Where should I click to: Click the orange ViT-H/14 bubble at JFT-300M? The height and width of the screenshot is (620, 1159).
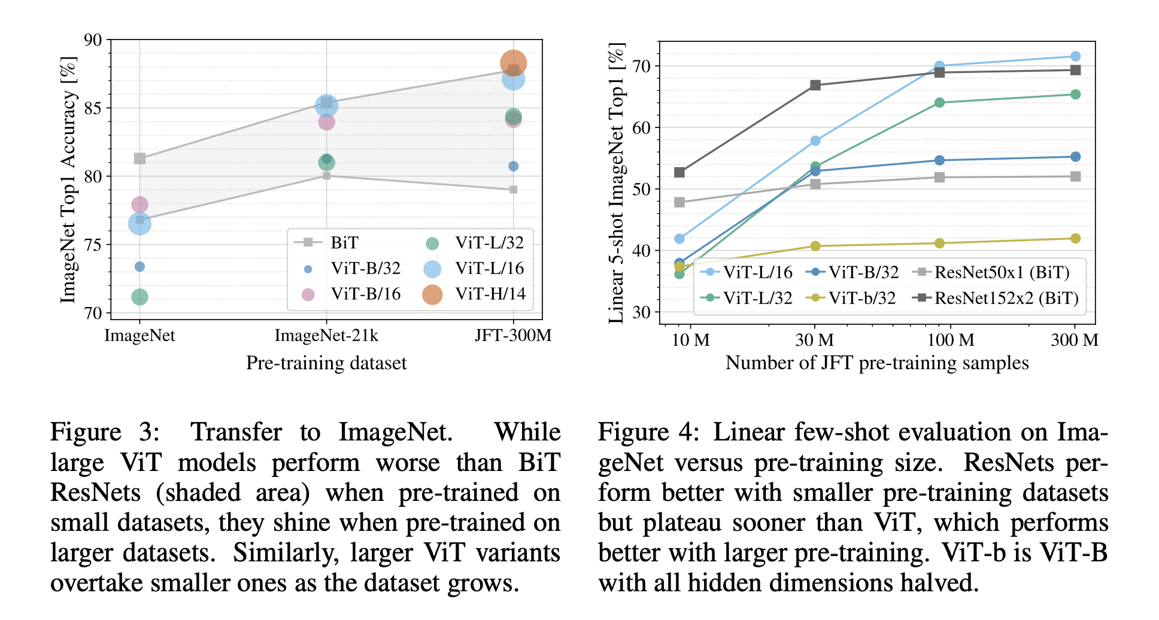(x=513, y=63)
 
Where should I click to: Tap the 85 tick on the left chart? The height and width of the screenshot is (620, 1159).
(x=93, y=108)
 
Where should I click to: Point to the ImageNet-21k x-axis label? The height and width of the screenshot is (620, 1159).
(x=326, y=336)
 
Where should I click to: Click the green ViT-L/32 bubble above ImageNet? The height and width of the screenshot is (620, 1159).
(x=139, y=297)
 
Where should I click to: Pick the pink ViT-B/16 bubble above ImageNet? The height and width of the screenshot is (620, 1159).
(x=139, y=205)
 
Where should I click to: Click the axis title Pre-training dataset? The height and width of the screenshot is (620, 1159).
(x=326, y=363)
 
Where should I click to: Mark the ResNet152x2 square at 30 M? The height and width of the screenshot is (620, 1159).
(x=815, y=85)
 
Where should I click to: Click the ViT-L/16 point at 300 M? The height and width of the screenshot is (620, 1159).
(x=1075, y=56)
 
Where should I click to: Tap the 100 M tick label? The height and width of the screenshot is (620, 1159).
(x=951, y=341)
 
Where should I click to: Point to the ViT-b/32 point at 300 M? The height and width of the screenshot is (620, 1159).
(x=1075, y=238)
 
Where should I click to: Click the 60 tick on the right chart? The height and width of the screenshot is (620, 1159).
(x=641, y=127)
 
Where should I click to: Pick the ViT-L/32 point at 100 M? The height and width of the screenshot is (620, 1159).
(x=939, y=102)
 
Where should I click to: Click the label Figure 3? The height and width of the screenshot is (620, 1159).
(x=105, y=432)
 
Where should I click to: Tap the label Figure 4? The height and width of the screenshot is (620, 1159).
(x=648, y=432)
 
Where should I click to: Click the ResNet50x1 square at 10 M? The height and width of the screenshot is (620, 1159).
(x=679, y=202)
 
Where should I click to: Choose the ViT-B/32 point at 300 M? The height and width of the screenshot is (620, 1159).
(x=1075, y=157)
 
